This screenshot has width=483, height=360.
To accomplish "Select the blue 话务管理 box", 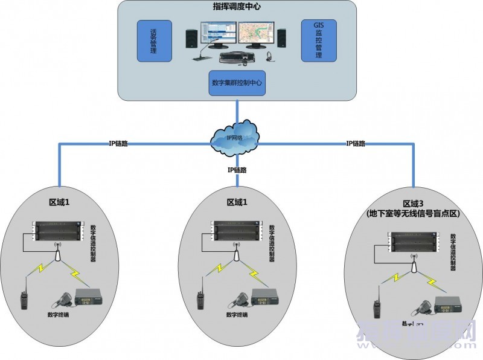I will pyautogui.click(x=153, y=40).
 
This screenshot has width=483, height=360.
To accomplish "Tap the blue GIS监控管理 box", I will pyautogui.click(x=318, y=40).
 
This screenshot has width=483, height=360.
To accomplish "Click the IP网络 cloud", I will pyautogui.click(x=235, y=137).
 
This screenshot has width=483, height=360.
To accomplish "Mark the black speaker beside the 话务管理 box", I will pyautogui.click(x=191, y=38).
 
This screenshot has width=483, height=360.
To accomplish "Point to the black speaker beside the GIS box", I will pyautogui.click(x=281, y=38).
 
